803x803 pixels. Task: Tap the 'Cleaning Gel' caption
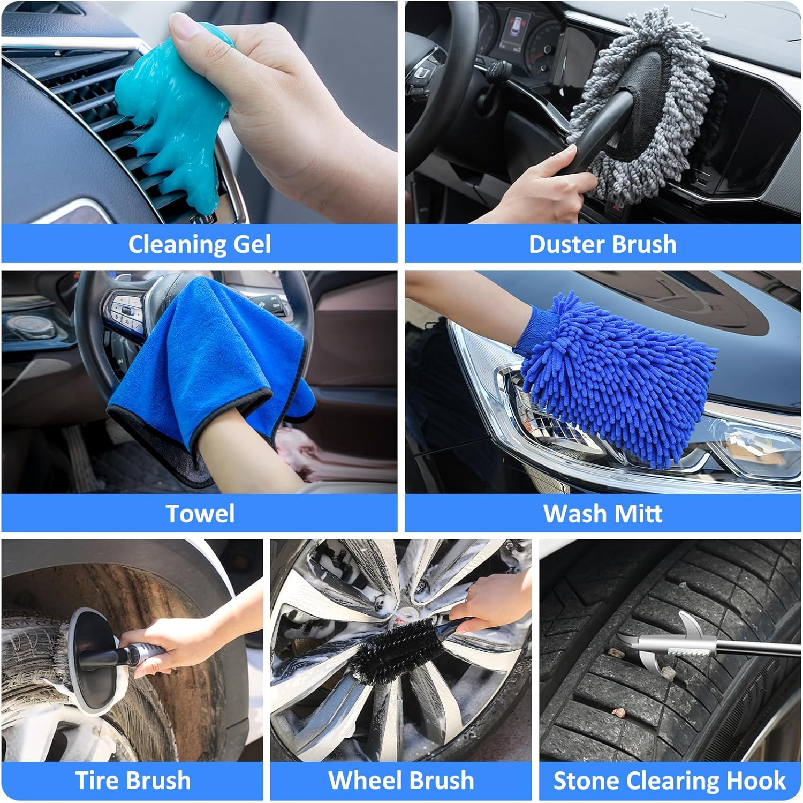[199, 244]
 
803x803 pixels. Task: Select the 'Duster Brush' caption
[602, 244]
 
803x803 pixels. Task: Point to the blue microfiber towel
[214, 364]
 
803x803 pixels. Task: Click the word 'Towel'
[200, 514]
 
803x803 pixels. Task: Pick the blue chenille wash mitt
[610, 375]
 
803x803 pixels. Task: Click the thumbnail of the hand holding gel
[199, 112]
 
